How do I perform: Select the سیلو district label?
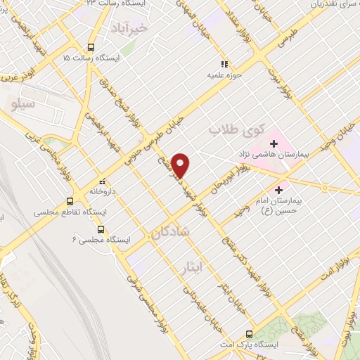pyautogui.click(x=23, y=104)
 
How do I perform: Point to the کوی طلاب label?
pyautogui.click(x=236, y=130)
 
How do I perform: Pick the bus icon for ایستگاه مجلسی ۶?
pyautogui.click(x=101, y=229)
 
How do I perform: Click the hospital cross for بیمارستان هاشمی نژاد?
pyautogui.click(x=274, y=144)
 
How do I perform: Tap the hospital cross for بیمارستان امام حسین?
pyautogui.click(x=280, y=189)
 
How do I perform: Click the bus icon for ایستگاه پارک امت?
pyautogui.click(x=249, y=335)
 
